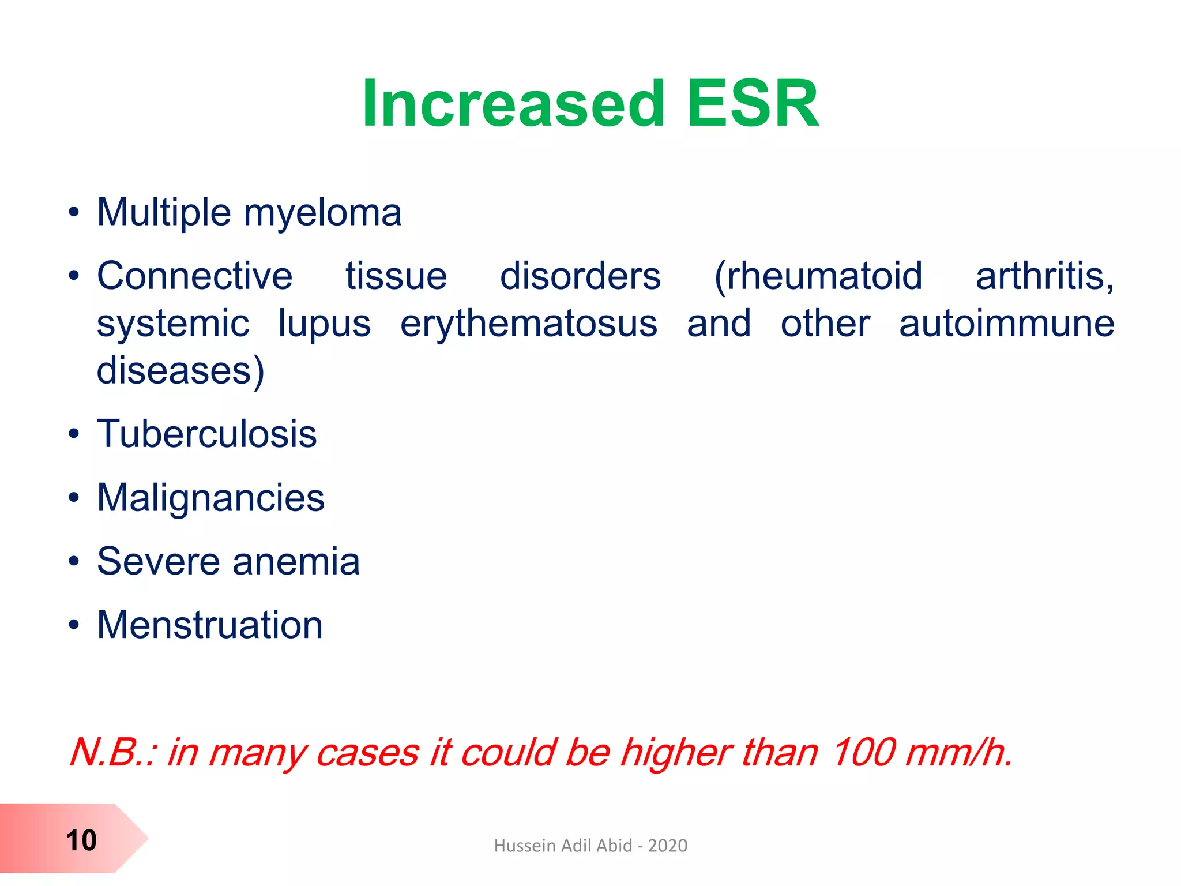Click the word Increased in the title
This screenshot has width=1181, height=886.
pos(513,105)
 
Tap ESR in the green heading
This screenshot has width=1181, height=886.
pos(753,105)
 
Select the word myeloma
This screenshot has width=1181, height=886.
pos(322,213)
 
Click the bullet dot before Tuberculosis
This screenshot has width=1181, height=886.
pos(73,434)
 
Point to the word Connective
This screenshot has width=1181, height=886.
pos(194,276)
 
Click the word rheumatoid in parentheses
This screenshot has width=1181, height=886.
pos(818,276)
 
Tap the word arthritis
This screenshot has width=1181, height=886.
pos(1044,276)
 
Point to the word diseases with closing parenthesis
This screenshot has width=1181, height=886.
pos(180,370)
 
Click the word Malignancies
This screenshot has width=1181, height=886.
pos(210,498)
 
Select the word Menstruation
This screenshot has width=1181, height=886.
pos(210,625)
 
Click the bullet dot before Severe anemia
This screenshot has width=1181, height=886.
pos(73,561)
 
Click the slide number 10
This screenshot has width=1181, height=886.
pos(81,840)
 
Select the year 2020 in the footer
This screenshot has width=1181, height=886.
pos(667,846)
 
